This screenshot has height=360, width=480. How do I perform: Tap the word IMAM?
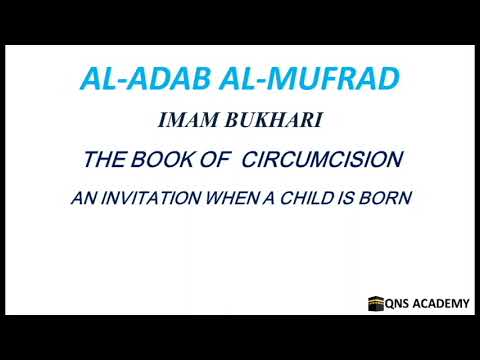(186, 121)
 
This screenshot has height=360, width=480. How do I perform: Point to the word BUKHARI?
(265, 121)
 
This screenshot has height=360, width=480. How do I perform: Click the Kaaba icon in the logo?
(377, 302)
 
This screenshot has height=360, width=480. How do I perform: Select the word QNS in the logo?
(401, 302)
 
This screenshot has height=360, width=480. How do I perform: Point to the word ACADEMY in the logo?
(443, 302)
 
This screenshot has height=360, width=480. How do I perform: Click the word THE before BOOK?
(108, 159)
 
